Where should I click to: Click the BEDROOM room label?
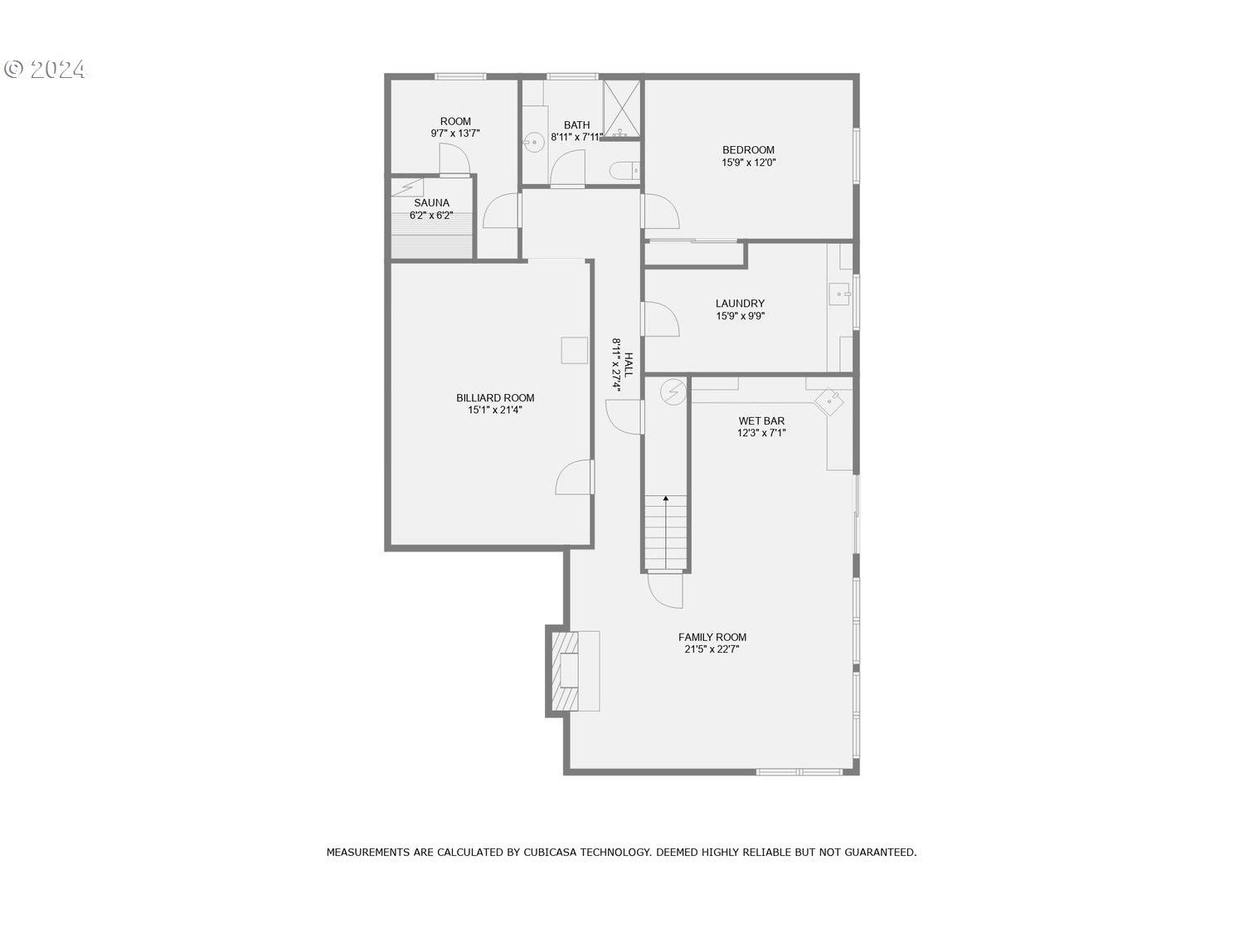[748, 150]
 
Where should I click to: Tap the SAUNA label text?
[432, 203]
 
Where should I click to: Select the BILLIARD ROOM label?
[495, 398]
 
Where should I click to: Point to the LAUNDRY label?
[740, 304]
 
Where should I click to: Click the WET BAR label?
[761, 421]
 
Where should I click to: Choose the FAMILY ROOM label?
[712, 637]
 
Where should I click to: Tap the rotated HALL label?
[629, 365]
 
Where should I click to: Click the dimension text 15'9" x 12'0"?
[748, 163]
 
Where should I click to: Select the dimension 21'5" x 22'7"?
[712, 649]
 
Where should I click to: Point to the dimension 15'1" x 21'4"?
[495, 411]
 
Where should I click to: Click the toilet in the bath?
[624, 170]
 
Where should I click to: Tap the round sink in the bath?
[533, 142]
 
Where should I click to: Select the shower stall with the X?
[622, 109]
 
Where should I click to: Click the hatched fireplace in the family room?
[565, 671]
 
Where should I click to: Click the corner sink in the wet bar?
[829, 401]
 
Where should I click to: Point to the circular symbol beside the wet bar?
[673, 392]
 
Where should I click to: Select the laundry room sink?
[840, 294]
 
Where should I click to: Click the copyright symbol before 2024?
[13, 69]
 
